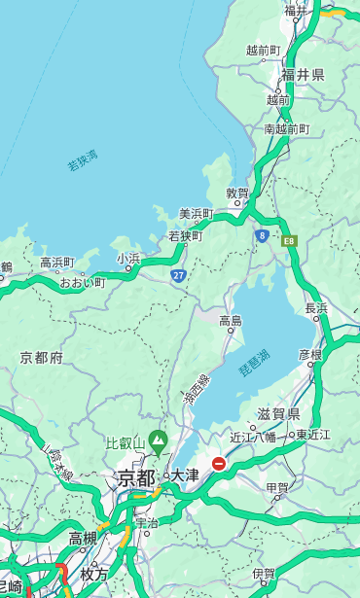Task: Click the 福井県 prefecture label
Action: tap(304, 75)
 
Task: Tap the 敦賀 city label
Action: tap(237, 193)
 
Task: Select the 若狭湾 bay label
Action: tap(82, 160)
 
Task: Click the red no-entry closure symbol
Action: tap(220, 464)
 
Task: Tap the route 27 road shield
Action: tap(178, 275)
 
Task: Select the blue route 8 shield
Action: tap(262, 235)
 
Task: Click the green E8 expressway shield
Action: tap(289, 239)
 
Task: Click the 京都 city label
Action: tap(135, 477)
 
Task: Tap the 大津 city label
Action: tap(185, 475)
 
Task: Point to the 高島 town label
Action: tap(231, 320)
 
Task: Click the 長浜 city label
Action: tap(316, 308)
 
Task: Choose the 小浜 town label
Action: tap(128, 259)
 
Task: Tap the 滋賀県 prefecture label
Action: tap(278, 413)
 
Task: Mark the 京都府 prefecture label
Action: tap(41, 358)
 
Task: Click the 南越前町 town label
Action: tap(287, 128)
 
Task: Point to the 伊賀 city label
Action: tap(264, 574)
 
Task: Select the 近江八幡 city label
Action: tap(253, 437)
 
